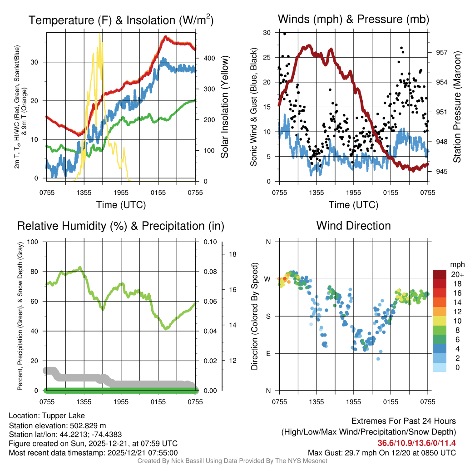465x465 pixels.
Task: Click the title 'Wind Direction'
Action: [x=353, y=226]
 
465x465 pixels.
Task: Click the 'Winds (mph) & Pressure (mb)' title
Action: [x=353, y=20]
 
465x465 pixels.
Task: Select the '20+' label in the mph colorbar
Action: [x=456, y=275]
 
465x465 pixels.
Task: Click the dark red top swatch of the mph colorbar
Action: [x=439, y=274]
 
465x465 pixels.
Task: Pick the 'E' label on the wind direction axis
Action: [x=268, y=353]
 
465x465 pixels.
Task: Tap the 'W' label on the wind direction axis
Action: [x=268, y=279]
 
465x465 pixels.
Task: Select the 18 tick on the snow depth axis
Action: [x=232, y=254]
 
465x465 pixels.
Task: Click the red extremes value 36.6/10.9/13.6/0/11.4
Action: [x=416, y=443]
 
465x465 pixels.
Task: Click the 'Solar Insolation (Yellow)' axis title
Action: [x=224, y=107]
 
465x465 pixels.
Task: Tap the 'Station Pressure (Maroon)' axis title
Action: [x=457, y=107]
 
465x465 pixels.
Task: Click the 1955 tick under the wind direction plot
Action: [x=353, y=402]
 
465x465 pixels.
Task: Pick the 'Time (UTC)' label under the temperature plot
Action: [x=121, y=205]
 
